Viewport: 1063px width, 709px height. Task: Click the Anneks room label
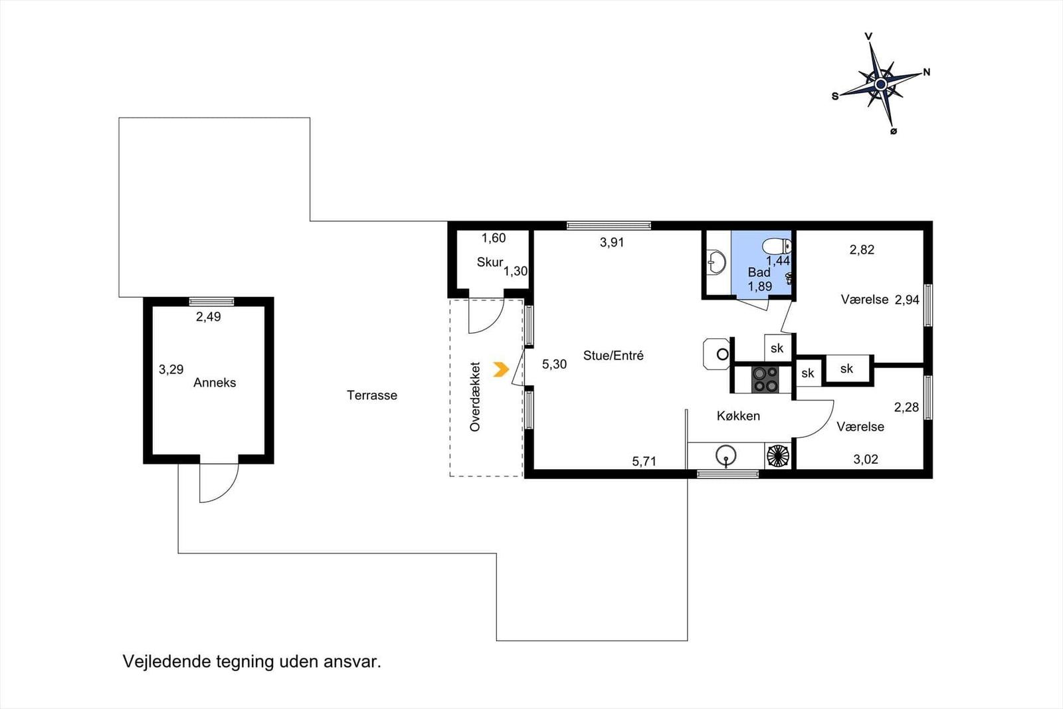click(x=214, y=383)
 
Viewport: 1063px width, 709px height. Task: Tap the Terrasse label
click(x=371, y=395)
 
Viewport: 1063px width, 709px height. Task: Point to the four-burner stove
click(x=765, y=379)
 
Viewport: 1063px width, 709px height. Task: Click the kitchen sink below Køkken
click(x=725, y=456)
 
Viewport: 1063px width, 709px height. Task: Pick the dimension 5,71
click(x=644, y=461)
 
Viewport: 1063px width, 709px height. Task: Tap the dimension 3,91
click(x=612, y=243)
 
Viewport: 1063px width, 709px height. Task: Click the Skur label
click(x=490, y=262)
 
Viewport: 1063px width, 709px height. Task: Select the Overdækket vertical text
click(x=475, y=397)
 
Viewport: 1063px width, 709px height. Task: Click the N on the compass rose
click(x=926, y=72)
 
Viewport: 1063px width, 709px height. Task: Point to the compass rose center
click(x=881, y=84)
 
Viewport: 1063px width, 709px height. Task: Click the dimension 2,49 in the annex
click(x=208, y=317)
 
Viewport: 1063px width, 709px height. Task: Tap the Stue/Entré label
click(x=613, y=355)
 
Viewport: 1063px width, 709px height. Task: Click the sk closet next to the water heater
click(x=777, y=348)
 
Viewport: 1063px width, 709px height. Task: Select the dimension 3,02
click(x=866, y=459)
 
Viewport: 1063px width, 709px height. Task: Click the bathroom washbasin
click(x=715, y=262)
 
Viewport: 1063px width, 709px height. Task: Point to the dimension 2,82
click(x=862, y=250)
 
